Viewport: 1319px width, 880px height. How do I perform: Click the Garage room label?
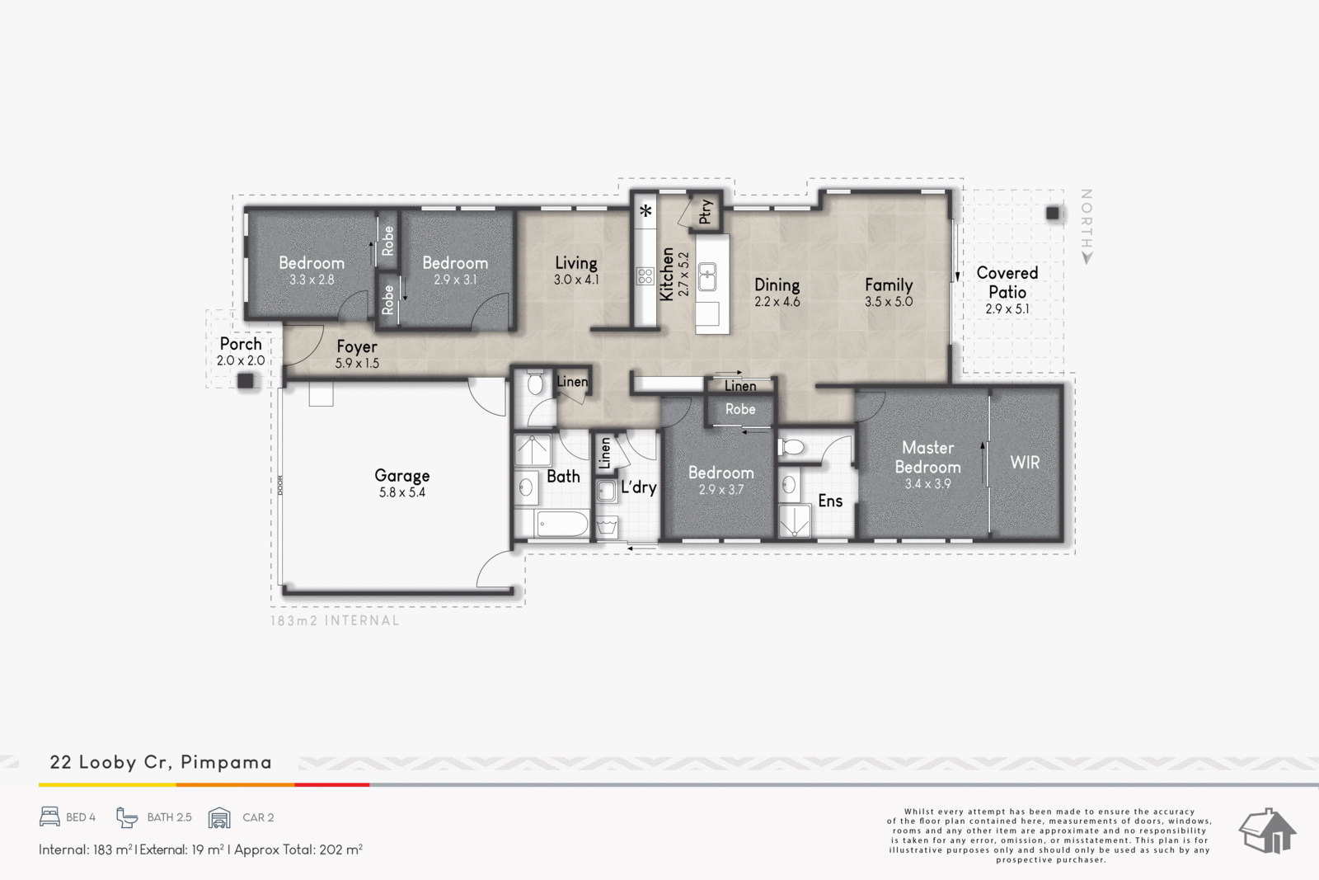(x=402, y=483)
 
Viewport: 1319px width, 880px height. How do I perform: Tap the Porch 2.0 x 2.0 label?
(x=241, y=351)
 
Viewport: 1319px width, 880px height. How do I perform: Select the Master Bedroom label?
(x=928, y=464)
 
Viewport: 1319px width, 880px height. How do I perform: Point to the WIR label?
(x=1026, y=463)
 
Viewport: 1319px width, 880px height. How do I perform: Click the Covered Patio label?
(x=1007, y=290)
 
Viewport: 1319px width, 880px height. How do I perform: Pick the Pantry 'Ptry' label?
(x=706, y=211)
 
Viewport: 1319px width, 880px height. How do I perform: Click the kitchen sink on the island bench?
(x=707, y=277)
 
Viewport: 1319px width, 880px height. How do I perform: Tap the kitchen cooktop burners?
(x=645, y=275)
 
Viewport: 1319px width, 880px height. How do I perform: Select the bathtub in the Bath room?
(x=561, y=523)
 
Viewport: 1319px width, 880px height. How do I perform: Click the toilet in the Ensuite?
(x=791, y=447)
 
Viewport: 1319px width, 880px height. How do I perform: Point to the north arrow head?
(x=1087, y=258)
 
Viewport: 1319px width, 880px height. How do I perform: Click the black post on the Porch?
(x=246, y=380)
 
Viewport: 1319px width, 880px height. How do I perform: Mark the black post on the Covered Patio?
(x=1053, y=213)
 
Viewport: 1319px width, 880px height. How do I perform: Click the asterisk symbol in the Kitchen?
(x=646, y=210)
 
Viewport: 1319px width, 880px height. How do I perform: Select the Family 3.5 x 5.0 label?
(x=889, y=293)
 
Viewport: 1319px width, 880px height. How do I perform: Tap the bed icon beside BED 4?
(x=49, y=817)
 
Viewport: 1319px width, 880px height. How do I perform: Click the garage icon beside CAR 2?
(x=219, y=817)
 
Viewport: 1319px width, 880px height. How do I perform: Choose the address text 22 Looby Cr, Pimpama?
(x=161, y=762)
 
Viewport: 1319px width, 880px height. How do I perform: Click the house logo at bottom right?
(x=1267, y=831)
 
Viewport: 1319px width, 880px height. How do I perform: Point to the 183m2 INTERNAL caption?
(x=335, y=620)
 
